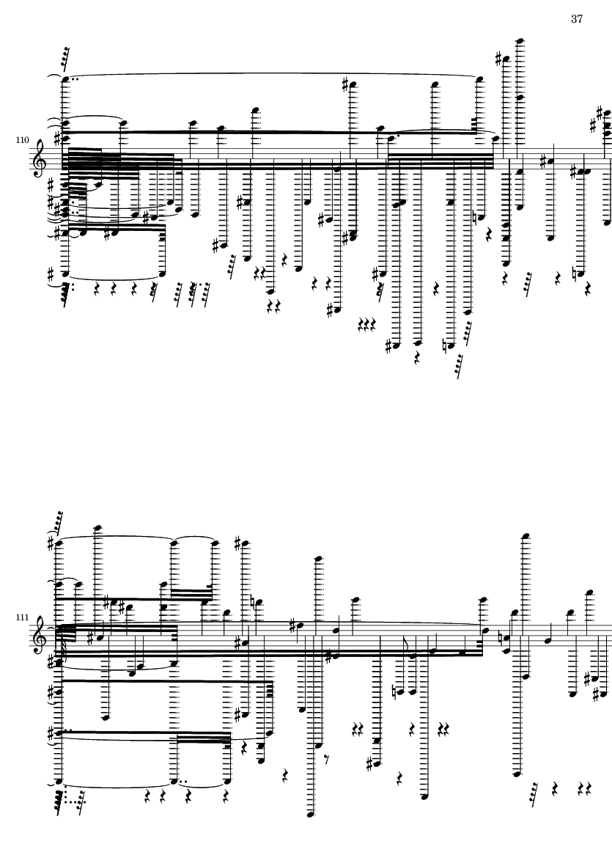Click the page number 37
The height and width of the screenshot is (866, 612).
[577, 19]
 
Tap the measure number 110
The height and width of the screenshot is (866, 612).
[22, 140]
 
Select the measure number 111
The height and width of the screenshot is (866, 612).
[22, 617]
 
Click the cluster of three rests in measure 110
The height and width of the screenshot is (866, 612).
[367, 324]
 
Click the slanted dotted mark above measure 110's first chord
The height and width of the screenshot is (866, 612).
[65, 59]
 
